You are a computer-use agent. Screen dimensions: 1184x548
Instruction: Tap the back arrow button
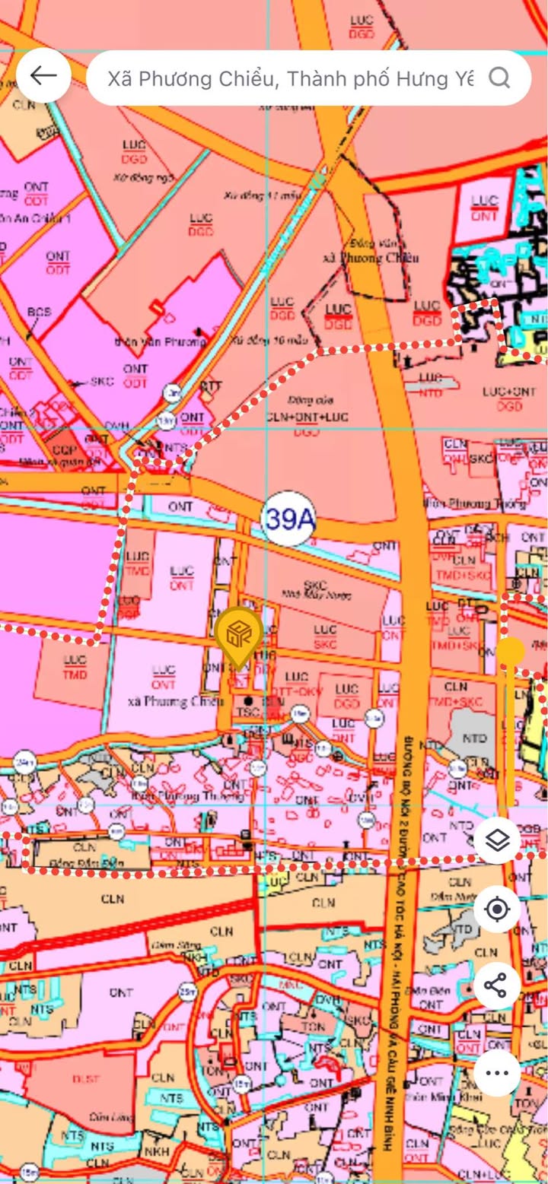(43, 75)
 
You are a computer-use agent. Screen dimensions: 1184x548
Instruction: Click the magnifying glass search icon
(499, 78)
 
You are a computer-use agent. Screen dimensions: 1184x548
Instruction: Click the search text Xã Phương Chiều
(289, 78)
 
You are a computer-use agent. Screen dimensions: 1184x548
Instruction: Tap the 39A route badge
(288, 519)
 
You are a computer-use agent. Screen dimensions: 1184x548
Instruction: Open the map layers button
(497, 842)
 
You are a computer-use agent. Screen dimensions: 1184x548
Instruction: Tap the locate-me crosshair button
(497, 909)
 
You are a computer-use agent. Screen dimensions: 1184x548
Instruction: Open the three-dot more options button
(497, 1073)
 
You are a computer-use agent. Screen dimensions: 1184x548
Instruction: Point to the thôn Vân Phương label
(160, 341)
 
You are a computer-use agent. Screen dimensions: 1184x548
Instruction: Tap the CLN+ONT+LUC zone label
(307, 417)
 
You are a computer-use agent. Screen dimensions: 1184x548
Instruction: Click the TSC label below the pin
(248, 713)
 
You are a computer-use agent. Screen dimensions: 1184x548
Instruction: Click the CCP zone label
(63, 429)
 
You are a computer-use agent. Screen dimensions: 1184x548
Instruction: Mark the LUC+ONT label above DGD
(508, 392)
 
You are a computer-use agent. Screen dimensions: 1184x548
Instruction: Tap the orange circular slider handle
(511, 651)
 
